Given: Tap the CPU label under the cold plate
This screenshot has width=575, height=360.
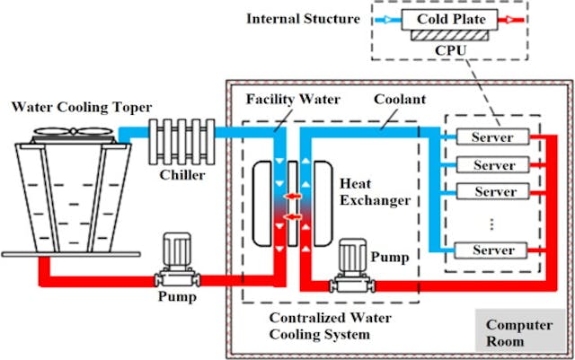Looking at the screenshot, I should [452, 51].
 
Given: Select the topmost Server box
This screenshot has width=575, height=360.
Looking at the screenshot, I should [492, 137].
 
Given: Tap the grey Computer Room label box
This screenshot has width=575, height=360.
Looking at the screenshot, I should [520, 333].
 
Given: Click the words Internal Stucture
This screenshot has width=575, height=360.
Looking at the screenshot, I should [303, 17].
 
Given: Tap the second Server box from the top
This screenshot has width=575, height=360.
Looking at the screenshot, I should [492, 165].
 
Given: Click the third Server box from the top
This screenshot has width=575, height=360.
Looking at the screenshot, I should [492, 192].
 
